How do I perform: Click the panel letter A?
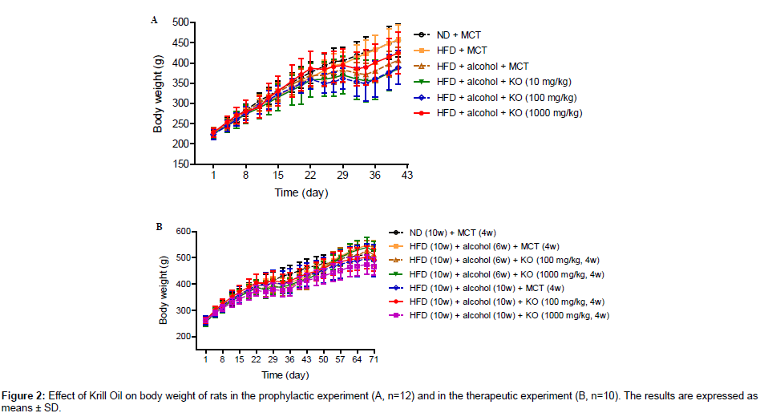[155, 20]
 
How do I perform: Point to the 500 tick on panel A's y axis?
[181, 22]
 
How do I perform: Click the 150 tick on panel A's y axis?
[181, 164]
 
